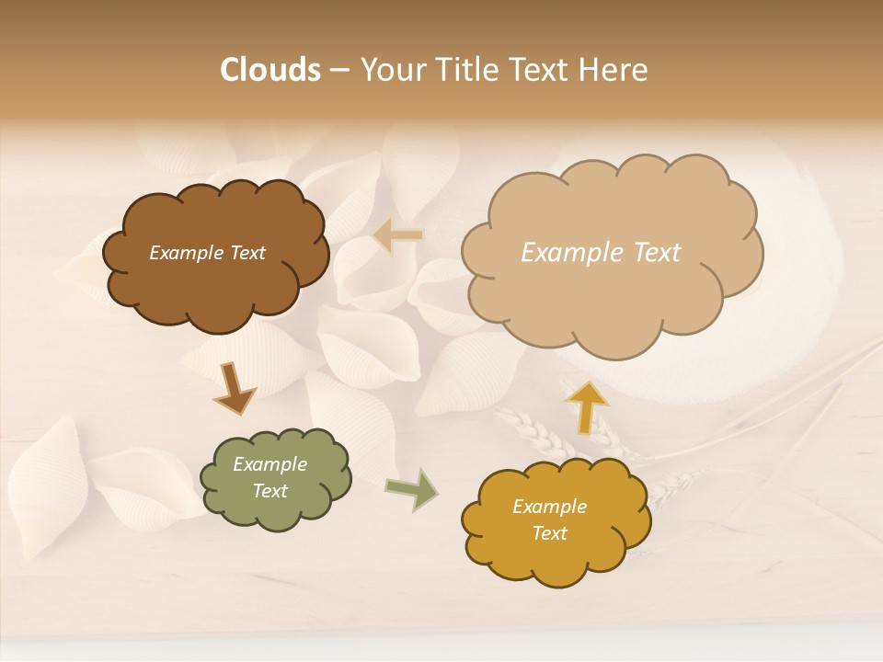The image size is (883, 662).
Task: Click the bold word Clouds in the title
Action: tap(269, 70)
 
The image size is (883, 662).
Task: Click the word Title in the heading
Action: tap(465, 70)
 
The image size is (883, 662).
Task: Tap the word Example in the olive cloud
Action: tap(269, 464)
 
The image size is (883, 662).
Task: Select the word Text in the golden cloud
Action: tap(549, 533)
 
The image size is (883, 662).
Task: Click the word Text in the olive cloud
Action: tap(269, 491)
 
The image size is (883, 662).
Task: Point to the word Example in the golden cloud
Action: tap(549, 507)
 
